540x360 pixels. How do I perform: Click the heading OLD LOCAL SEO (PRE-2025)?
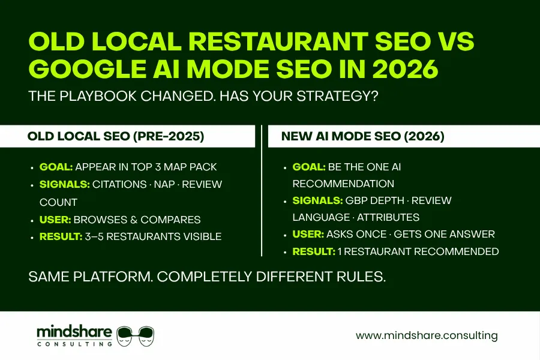click(116, 136)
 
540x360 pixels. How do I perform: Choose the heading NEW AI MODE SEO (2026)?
click(362, 136)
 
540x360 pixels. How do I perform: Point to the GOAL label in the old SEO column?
click(56, 167)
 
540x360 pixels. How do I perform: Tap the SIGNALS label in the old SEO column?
click(64, 184)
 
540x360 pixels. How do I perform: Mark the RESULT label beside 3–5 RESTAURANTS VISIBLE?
click(61, 236)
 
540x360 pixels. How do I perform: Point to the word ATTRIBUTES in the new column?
click(389, 217)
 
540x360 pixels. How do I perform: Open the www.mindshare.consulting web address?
click(427, 335)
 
